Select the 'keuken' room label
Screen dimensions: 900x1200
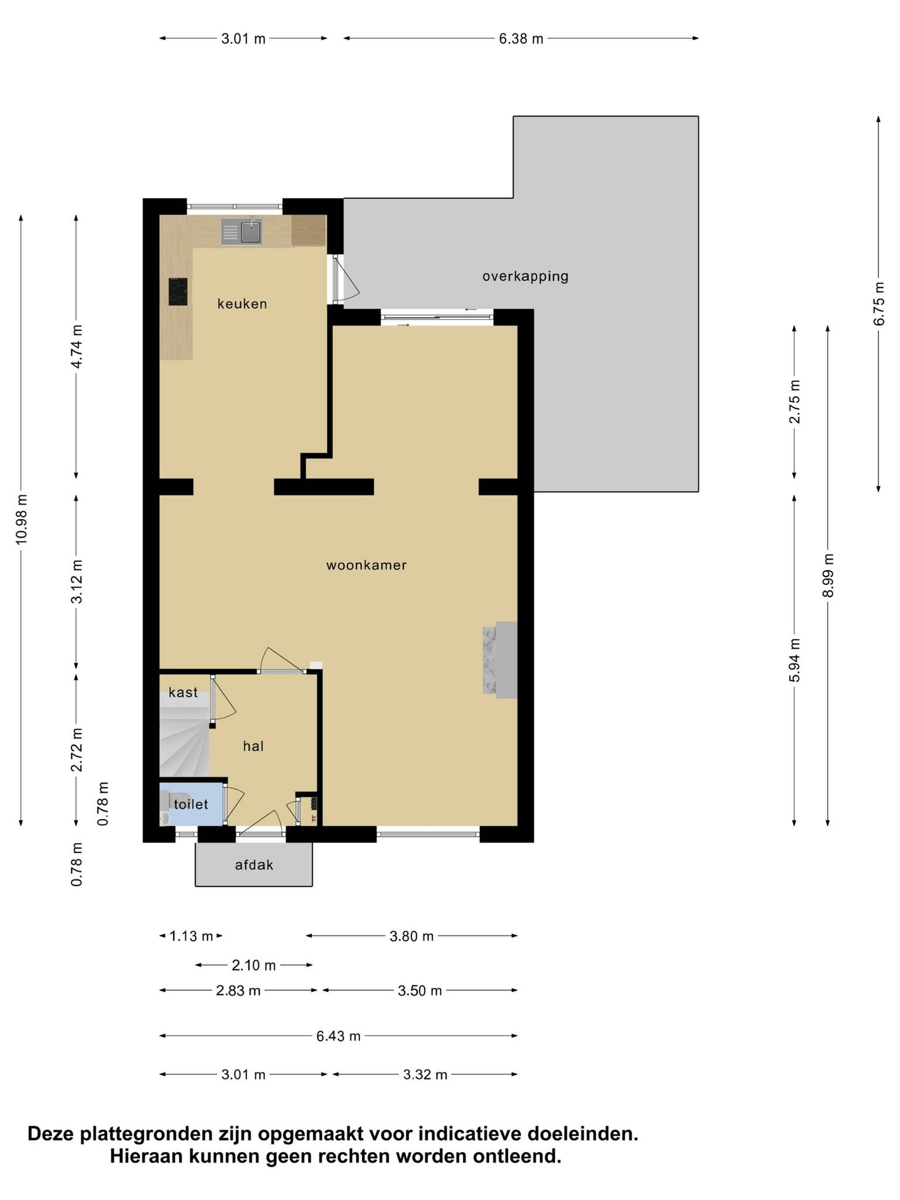(242, 304)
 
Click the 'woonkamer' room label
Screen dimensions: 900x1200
(366, 565)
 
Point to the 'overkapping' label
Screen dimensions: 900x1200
(525, 277)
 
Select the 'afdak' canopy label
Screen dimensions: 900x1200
(254, 865)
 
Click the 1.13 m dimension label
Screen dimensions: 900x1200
(191, 936)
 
